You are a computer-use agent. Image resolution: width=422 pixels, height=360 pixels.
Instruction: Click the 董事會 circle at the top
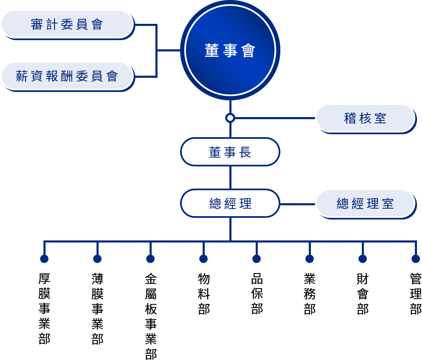pyautogui.click(x=230, y=50)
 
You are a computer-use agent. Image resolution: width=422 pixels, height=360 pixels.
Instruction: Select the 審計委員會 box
pyautogui.click(x=67, y=24)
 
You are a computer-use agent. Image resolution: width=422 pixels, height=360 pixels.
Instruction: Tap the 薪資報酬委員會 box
pyautogui.click(x=67, y=76)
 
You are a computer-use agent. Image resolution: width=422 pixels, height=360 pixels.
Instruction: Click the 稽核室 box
pyautogui.click(x=365, y=118)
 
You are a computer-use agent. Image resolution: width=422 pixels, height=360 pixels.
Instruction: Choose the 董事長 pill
pyautogui.click(x=230, y=152)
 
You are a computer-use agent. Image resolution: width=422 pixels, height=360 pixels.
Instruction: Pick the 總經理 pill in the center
pyautogui.click(x=230, y=203)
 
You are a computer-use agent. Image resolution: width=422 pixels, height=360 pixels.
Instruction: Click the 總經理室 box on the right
pyautogui.click(x=365, y=204)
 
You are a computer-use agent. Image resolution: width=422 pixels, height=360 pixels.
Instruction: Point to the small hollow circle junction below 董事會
pyautogui.click(x=230, y=118)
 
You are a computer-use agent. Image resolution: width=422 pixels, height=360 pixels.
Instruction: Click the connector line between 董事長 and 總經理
pyautogui.click(x=230, y=177)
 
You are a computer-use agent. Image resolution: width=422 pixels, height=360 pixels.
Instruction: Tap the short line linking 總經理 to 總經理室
pyautogui.click(x=297, y=204)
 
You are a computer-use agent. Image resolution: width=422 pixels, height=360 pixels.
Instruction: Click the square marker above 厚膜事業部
pyautogui.click(x=44, y=258)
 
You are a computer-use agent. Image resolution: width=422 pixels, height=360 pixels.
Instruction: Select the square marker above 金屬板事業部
pyautogui.click(x=150, y=258)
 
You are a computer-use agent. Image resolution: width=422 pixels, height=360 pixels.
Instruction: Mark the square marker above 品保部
pyautogui.click(x=256, y=258)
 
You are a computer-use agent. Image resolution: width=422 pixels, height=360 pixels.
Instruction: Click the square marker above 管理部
pyautogui.click(x=415, y=258)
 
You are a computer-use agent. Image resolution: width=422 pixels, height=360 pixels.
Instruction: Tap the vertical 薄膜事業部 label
pyautogui.click(x=97, y=309)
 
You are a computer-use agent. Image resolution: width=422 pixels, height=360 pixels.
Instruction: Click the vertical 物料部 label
pyautogui.click(x=203, y=294)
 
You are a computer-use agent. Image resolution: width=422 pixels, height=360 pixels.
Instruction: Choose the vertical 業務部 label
pyautogui.click(x=310, y=294)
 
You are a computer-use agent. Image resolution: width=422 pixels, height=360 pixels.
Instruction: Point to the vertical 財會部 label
pyautogui.click(x=363, y=294)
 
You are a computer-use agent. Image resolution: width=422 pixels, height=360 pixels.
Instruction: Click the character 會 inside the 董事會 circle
pyautogui.click(x=248, y=51)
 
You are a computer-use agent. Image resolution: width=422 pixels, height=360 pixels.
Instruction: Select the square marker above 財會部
pyautogui.click(x=362, y=258)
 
